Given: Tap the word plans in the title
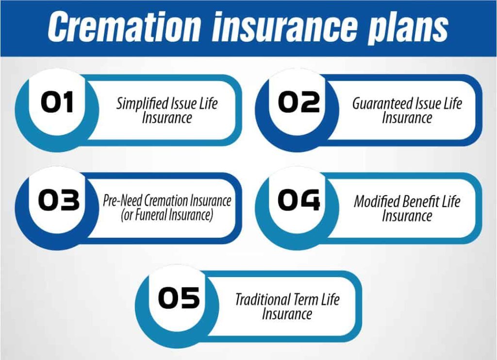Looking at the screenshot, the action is pyautogui.click(x=408, y=29).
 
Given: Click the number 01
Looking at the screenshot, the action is pyautogui.click(x=57, y=102).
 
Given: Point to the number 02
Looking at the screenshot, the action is pyautogui.click(x=299, y=102).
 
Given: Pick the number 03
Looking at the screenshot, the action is pyautogui.click(x=59, y=200).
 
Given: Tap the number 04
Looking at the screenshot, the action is pyautogui.click(x=299, y=200).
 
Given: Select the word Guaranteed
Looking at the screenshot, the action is pyautogui.click(x=381, y=104).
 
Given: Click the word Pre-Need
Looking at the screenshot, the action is pyautogui.click(x=123, y=200).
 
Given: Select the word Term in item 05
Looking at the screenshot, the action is pyautogui.click(x=306, y=299).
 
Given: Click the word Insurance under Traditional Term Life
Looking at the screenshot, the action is pyautogui.click(x=287, y=314).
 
